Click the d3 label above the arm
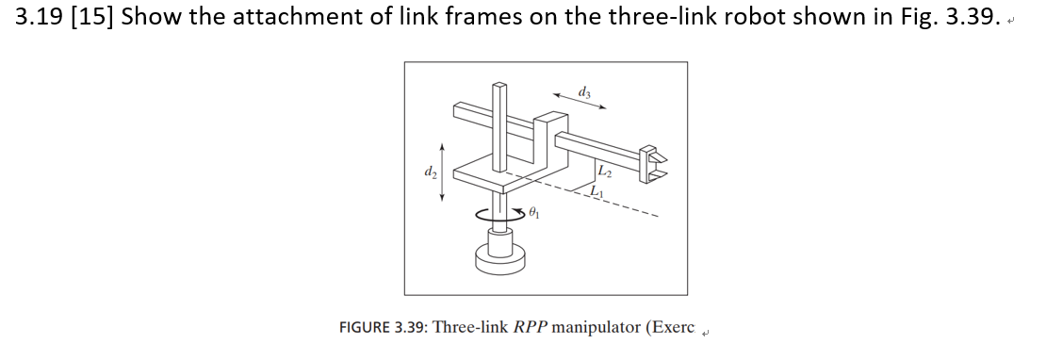[x=585, y=91]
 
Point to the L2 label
[x=605, y=171]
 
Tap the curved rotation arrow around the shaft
[x=498, y=215]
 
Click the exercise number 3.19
[x=39, y=18]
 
